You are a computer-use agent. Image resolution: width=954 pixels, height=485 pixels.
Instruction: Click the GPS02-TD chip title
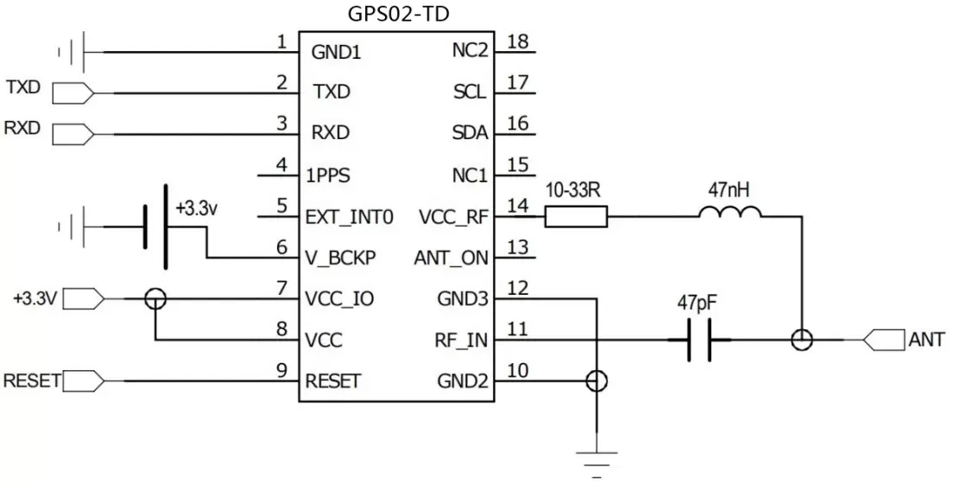398,14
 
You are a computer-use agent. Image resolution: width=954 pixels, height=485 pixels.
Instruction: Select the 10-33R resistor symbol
576,216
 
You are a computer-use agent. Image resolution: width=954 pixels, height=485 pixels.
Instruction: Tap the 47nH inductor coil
730,213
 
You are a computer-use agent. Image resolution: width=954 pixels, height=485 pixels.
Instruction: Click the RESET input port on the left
85,380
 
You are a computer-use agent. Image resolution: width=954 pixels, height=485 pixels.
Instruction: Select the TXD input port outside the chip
73,92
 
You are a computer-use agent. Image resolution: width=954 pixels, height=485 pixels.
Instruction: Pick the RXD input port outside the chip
73,133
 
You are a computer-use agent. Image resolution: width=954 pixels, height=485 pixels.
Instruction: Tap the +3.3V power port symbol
85,299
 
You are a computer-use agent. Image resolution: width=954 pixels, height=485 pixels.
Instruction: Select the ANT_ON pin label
451,258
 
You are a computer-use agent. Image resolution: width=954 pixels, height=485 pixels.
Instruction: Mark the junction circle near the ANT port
802,341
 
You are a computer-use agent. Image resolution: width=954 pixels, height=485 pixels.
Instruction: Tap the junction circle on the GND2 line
596,380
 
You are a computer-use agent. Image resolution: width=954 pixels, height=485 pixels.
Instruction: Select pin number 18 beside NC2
517,41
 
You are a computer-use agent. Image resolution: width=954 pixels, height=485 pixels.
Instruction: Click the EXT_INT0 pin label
350,217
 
